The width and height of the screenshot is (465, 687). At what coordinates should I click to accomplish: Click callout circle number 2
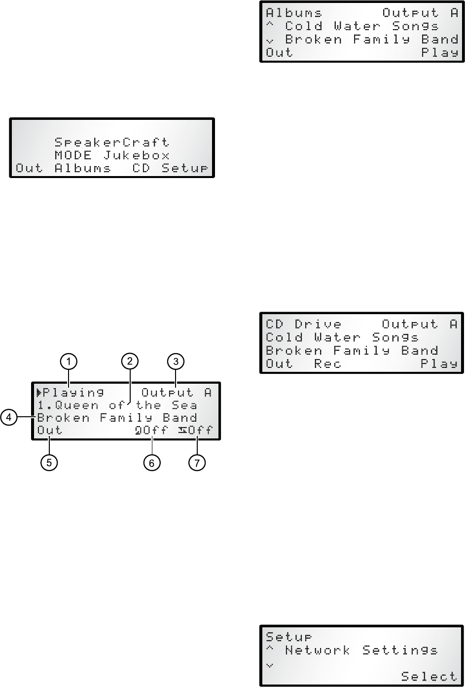[129, 362]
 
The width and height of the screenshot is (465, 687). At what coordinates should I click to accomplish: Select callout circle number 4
[8, 417]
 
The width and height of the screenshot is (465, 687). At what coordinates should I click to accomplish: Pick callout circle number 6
[152, 463]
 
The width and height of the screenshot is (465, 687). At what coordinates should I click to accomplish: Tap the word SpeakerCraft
[111, 143]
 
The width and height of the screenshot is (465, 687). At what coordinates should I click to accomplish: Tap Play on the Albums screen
[439, 53]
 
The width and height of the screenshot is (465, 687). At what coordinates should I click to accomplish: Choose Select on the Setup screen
[429, 676]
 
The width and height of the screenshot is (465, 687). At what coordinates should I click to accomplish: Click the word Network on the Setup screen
[317, 650]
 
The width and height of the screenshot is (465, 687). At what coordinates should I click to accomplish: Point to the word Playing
[73, 393]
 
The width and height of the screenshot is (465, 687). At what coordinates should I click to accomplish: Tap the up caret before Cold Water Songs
[270, 25]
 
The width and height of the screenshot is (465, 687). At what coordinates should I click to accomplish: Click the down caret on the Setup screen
[269, 665]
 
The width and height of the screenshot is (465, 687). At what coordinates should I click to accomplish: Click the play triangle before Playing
[39, 393]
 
